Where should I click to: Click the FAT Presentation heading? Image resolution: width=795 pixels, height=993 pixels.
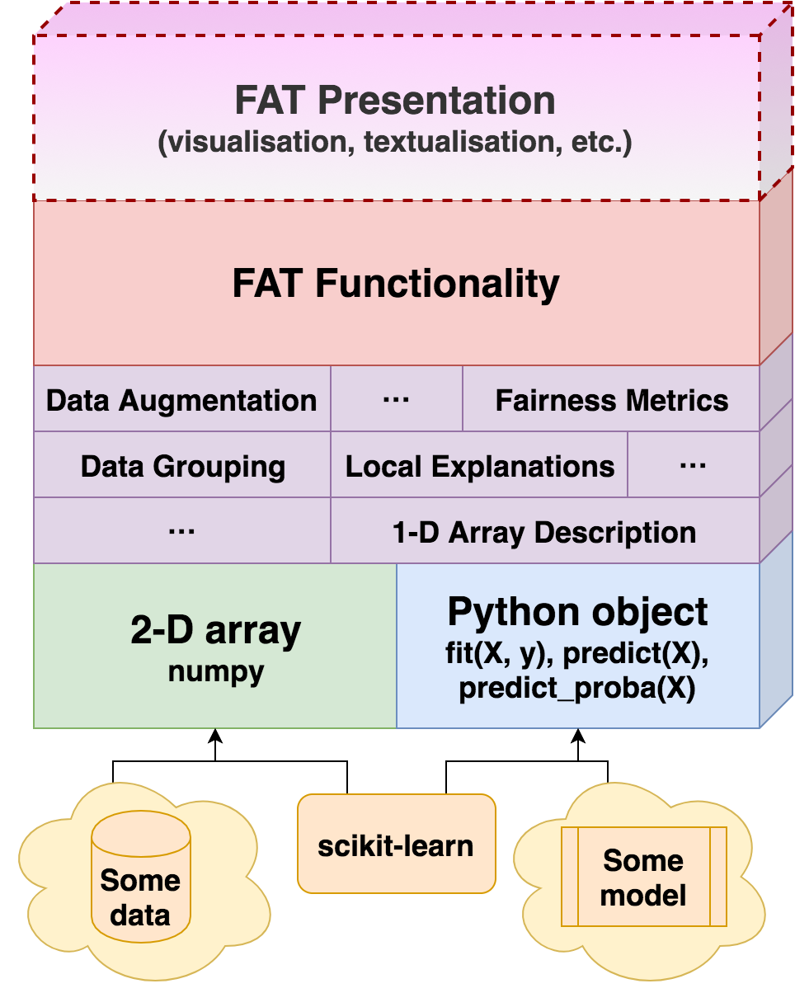pos(395,101)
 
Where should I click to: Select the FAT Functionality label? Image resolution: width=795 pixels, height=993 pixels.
pos(395,283)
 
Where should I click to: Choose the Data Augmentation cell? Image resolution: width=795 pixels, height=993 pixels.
pos(181,400)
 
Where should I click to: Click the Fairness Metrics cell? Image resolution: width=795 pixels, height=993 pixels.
pos(611,400)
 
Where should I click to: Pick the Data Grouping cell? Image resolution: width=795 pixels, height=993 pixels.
pos(182,466)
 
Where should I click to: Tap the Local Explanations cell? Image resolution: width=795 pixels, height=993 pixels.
pos(479,466)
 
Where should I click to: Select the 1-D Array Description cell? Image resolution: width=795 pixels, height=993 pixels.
pos(544,532)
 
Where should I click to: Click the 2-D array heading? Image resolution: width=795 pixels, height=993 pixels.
pos(215,631)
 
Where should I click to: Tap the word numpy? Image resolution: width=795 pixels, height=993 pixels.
pos(215,671)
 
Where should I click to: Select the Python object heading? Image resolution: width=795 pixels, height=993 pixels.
pos(577,612)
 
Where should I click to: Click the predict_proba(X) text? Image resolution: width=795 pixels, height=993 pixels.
pos(577,689)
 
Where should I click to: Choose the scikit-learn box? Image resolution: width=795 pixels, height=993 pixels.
pos(396,845)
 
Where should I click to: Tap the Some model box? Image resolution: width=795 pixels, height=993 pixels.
pos(643,877)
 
